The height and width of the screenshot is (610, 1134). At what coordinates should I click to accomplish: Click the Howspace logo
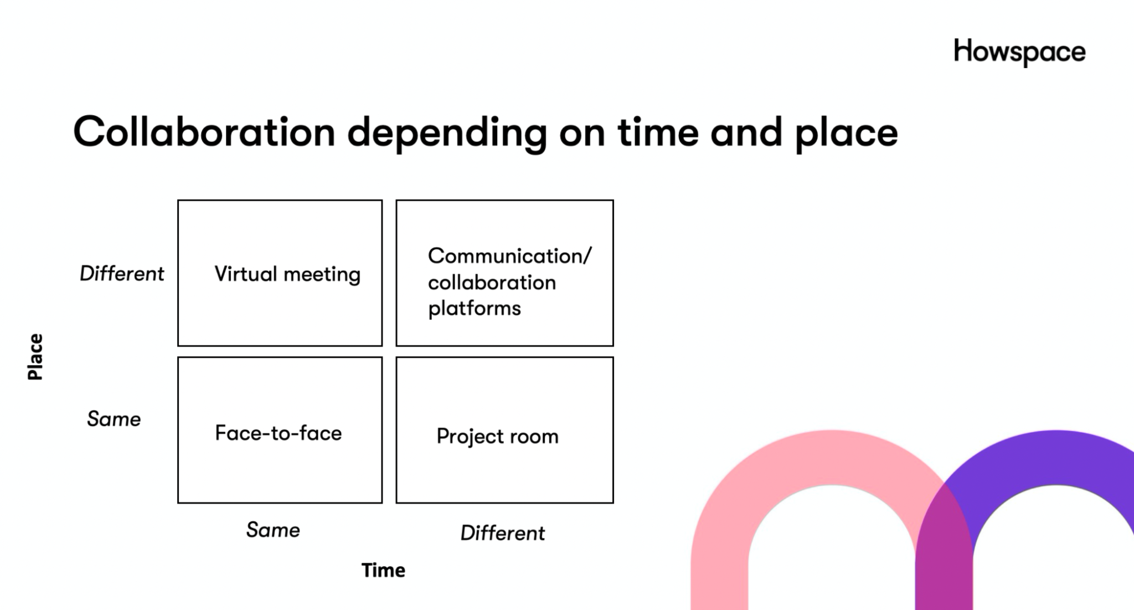[x=1019, y=53]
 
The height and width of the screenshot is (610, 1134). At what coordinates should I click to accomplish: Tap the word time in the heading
[x=658, y=132]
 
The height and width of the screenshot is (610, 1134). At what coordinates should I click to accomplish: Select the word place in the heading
[x=846, y=135]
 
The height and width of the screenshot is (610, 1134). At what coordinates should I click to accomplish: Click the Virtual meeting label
[x=287, y=274]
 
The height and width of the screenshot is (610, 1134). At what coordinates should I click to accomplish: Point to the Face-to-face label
[x=279, y=433]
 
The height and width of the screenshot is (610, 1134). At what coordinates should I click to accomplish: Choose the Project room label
[x=497, y=437]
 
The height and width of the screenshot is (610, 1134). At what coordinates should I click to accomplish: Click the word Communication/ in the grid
[x=510, y=256]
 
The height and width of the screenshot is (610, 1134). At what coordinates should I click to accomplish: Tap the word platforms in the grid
[x=475, y=309]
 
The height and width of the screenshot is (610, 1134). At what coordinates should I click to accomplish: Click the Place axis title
[x=35, y=357]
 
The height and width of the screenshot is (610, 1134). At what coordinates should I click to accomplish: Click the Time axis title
[x=383, y=570]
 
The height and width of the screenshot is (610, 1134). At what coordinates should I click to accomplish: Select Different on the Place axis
[x=122, y=273]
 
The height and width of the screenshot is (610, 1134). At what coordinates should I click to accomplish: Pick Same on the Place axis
[x=114, y=419]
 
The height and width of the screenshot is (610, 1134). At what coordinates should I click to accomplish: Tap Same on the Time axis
[x=273, y=530]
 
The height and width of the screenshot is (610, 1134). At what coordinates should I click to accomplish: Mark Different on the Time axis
[x=503, y=533]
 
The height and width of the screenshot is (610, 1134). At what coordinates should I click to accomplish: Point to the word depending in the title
[x=447, y=135]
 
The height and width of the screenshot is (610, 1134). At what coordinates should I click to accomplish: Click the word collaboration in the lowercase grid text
[x=492, y=283]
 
